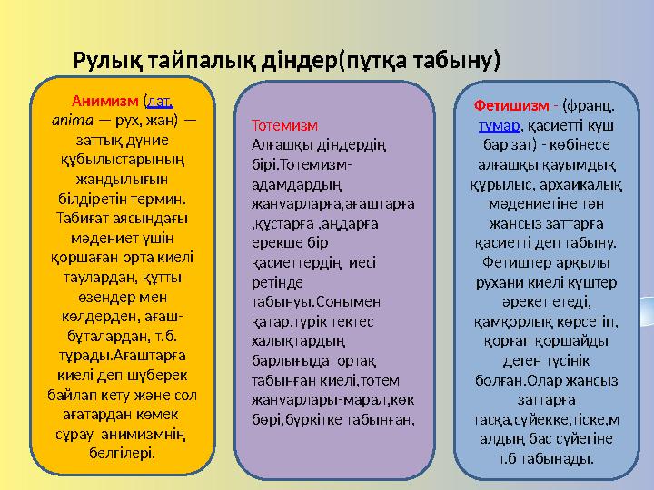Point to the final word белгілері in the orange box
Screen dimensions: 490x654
point(124,451)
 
